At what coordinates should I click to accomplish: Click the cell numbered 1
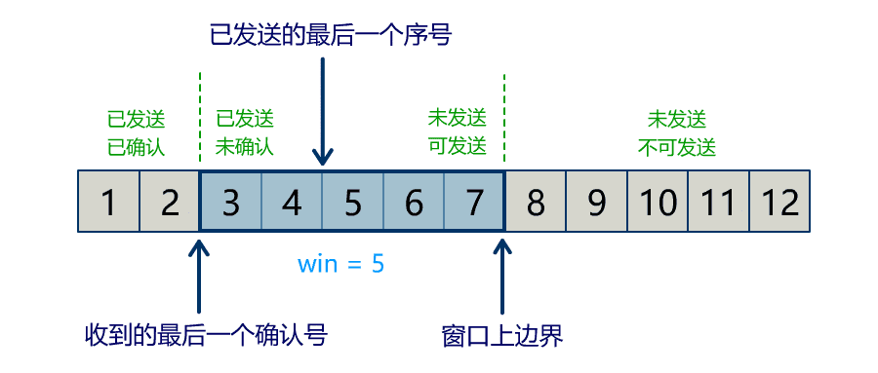108,203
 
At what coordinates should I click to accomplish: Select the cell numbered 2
170,203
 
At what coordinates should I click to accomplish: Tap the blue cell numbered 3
231,203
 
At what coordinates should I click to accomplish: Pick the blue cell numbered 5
353,203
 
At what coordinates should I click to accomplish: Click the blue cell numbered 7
474,203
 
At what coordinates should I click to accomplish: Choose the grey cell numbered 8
536,203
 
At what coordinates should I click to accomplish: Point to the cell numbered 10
658,203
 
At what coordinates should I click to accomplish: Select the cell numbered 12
779,203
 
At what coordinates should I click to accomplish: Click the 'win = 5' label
341,263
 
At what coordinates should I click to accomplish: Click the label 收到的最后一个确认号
206,336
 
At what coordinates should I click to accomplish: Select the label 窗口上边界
502,336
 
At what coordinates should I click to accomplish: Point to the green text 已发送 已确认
136,133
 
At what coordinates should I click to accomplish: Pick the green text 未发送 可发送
457,133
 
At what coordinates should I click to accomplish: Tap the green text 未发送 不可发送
677,133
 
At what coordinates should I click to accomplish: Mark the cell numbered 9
596,203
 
